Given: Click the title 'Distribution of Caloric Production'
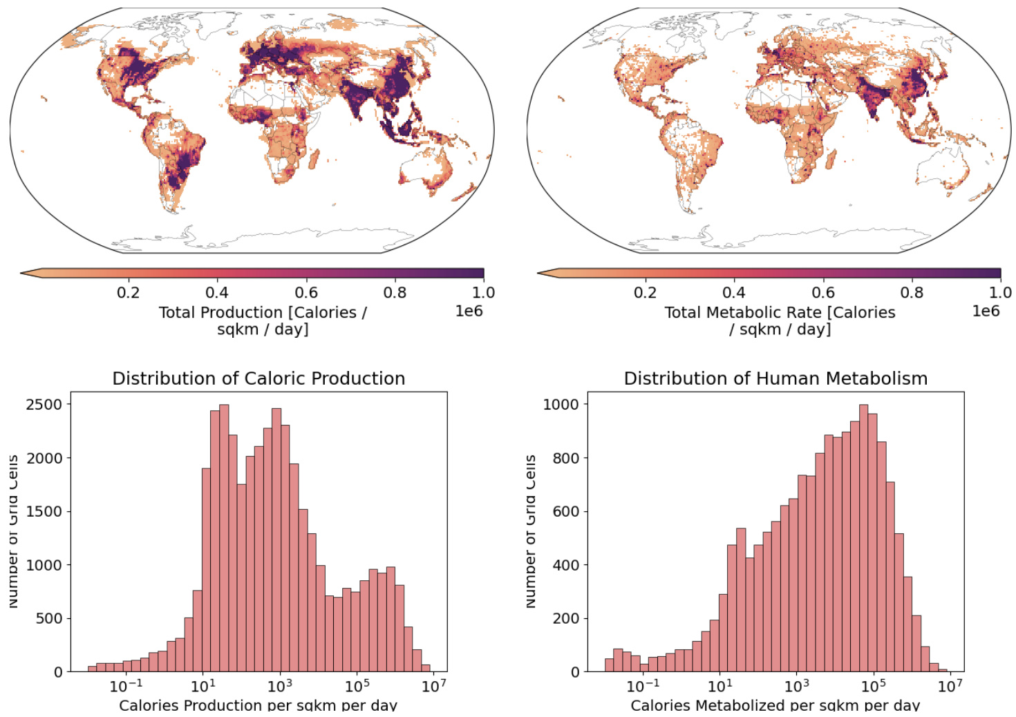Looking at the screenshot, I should (x=258, y=379).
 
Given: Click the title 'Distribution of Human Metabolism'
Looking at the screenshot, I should (x=775, y=379).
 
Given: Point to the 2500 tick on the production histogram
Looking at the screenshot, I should (x=44, y=404).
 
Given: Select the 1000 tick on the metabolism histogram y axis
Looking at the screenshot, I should (x=561, y=404).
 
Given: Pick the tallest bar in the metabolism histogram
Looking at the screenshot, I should (x=863, y=539).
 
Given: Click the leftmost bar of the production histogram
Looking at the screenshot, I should (x=92, y=669).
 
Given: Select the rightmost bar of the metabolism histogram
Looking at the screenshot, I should (x=943, y=670).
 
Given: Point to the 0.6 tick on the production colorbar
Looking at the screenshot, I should (x=306, y=293).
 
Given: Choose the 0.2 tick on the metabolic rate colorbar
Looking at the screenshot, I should (x=646, y=293).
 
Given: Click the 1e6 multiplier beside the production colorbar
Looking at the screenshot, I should (x=469, y=312).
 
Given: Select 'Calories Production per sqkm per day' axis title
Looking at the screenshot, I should (x=258, y=705).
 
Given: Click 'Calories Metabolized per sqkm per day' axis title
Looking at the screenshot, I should (x=775, y=705).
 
